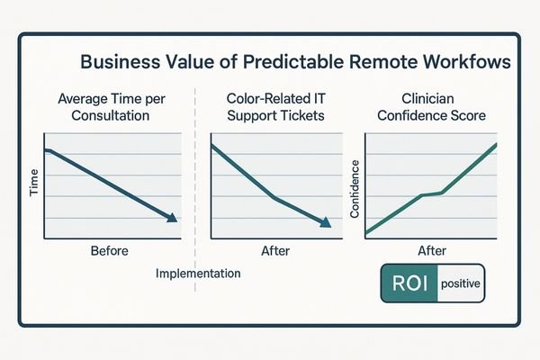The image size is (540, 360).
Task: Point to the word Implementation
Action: point(198,273)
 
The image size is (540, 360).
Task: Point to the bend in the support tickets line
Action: point(272,198)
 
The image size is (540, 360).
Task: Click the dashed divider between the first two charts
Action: point(196,180)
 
